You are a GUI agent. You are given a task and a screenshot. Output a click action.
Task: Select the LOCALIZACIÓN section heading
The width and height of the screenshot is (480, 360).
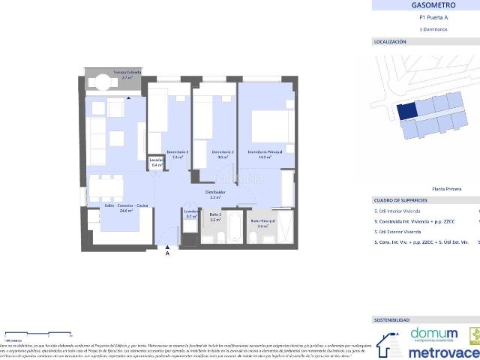click(390, 42)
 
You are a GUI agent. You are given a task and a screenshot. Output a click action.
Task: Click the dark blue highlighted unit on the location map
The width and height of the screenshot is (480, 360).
click(406, 111)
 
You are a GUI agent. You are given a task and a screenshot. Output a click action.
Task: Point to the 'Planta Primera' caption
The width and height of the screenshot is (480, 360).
click(447, 189)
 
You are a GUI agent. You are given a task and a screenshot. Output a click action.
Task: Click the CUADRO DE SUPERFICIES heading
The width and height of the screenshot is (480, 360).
click(400, 200)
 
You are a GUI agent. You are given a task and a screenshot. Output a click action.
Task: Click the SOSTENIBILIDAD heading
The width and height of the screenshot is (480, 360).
click(392, 319)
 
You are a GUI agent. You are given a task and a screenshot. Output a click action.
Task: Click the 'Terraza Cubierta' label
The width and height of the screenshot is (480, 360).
click(127, 73)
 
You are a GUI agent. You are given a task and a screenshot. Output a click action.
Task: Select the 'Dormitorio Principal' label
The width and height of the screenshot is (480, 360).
click(265, 152)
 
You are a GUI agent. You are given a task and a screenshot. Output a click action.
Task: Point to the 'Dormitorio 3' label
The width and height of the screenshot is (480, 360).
click(178, 152)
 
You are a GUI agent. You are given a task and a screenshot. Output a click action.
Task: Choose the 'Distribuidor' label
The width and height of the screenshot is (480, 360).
click(216, 193)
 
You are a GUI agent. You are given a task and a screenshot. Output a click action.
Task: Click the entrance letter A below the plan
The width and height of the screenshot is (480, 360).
click(167, 253)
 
